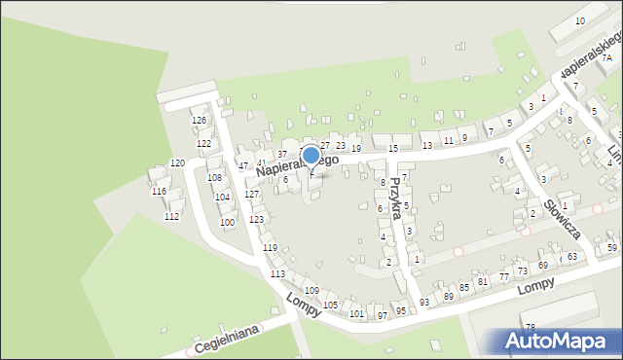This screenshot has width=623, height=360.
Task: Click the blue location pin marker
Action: [x=311, y=156]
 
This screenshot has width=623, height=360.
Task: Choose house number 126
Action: [x=200, y=121]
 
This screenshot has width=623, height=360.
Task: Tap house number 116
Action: [x=159, y=192]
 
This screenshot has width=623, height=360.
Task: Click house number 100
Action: [x=227, y=223]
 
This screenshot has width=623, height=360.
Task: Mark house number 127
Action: [x=251, y=195]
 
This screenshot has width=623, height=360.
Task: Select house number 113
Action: [x=277, y=274]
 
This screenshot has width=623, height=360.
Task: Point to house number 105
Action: [x=331, y=306]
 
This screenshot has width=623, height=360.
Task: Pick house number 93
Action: [x=424, y=303]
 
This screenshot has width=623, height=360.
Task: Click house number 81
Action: [x=482, y=282]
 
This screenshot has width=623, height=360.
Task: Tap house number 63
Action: [x=572, y=257]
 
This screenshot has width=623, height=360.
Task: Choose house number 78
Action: [x=531, y=327]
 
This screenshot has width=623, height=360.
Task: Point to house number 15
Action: [x=393, y=148]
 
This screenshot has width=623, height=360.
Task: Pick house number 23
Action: [x=341, y=146]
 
